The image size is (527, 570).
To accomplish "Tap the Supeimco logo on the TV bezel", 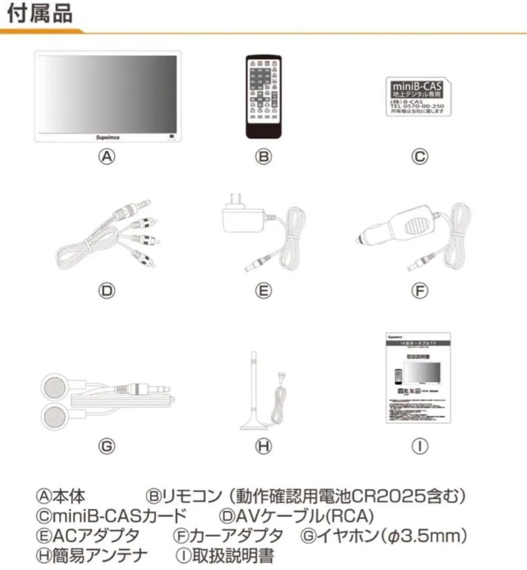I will (x=109, y=136).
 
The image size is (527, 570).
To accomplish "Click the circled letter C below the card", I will (x=419, y=157).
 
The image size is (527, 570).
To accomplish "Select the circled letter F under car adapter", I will (x=419, y=290).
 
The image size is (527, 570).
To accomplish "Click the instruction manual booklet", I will (x=417, y=378).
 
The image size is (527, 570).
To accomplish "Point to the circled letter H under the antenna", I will (x=263, y=446).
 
